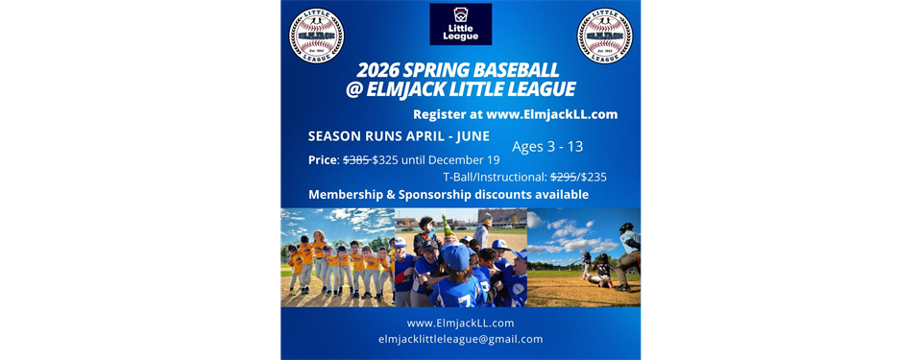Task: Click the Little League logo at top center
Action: [460, 24]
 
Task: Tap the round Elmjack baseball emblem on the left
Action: [317, 36]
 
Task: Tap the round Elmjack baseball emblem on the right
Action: [604, 36]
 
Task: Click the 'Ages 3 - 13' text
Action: [547, 147]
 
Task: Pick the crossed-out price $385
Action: [356, 159]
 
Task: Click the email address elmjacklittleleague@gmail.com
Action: [460, 339]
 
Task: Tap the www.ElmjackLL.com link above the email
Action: [460, 323]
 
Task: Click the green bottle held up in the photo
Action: [448, 228]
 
